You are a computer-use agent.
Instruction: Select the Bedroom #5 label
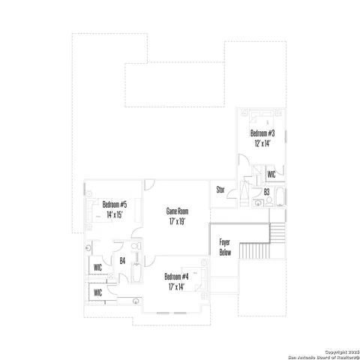(x=115, y=204)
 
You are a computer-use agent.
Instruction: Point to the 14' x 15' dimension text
(x=115, y=214)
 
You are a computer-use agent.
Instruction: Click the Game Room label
(x=177, y=211)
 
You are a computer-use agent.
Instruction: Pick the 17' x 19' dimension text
(x=177, y=222)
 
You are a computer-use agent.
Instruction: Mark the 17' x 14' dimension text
(x=178, y=287)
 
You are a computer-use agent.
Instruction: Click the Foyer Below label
(x=224, y=247)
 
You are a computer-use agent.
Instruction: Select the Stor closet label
(x=221, y=190)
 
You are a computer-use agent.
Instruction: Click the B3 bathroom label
(x=266, y=192)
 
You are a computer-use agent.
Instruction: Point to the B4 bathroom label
(x=122, y=260)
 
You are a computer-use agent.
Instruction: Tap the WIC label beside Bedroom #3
(x=271, y=174)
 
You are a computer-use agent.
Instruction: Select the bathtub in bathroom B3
(x=280, y=198)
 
